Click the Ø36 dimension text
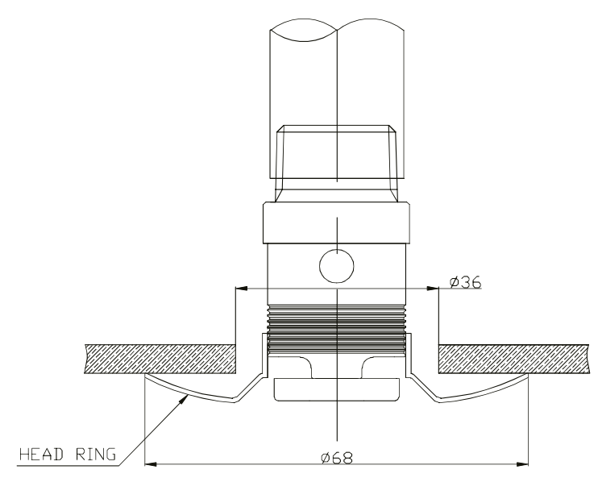465,282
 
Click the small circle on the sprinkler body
337,265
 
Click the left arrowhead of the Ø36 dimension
239,288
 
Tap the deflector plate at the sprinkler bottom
337,390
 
